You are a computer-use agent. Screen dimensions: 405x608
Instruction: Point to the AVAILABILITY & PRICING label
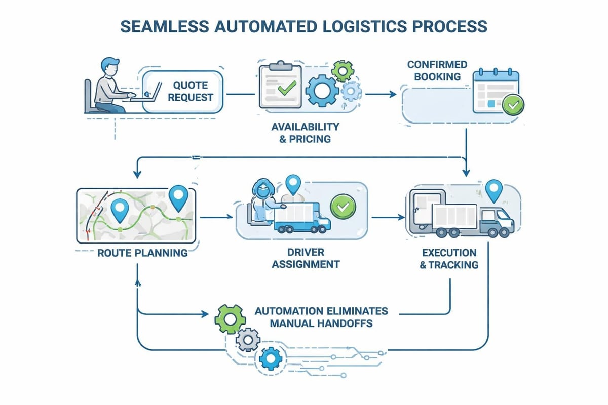tap(305, 132)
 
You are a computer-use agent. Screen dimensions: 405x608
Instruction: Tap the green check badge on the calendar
tap(513, 105)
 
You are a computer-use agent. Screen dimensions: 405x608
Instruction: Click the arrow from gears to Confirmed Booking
tap(381, 94)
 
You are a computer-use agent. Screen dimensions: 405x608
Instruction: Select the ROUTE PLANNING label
tap(142, 252)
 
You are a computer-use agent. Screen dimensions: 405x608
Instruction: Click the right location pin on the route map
tap(178, 198)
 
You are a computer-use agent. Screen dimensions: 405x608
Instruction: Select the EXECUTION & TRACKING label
tap(448, 258)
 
